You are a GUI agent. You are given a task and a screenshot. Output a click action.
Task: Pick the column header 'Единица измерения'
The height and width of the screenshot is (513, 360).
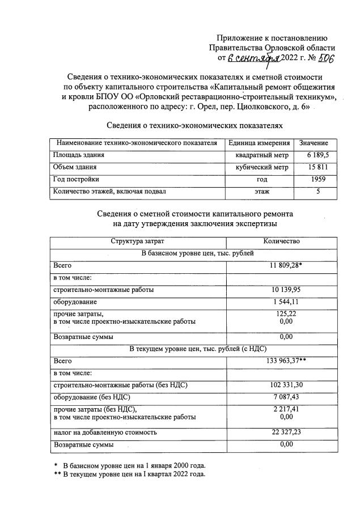260,143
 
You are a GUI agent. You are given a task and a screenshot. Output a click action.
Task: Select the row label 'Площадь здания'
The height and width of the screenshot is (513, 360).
79,155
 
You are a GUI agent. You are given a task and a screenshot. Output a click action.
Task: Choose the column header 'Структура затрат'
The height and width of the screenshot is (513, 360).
138,241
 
